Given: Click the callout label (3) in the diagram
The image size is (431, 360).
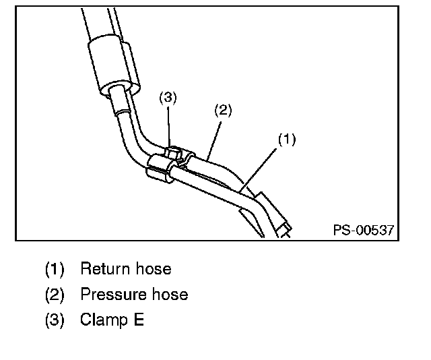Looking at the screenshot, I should tap(168, 98).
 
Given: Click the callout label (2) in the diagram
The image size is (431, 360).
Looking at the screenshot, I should tap(223, 109).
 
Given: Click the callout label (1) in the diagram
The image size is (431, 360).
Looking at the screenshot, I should tap(287, 140).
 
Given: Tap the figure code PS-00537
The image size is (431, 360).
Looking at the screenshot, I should tap(363, 231).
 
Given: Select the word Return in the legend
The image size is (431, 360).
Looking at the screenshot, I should tap(102, 269).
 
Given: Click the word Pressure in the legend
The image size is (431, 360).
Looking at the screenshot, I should tap(108, 295).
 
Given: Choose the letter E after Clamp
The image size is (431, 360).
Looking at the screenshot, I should tap(138, 320).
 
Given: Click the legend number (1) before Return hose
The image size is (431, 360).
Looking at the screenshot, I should tap(55, 270).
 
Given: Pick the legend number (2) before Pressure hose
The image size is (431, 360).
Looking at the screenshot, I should tap(55, 295).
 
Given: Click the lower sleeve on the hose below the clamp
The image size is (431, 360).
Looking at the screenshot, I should tap(159, 171).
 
